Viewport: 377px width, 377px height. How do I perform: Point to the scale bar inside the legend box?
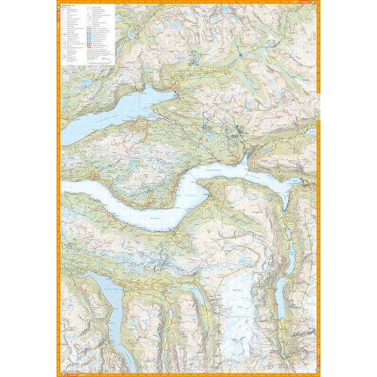(x=102, y=59)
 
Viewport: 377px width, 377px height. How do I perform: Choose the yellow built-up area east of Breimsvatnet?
(x=141, y=287)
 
